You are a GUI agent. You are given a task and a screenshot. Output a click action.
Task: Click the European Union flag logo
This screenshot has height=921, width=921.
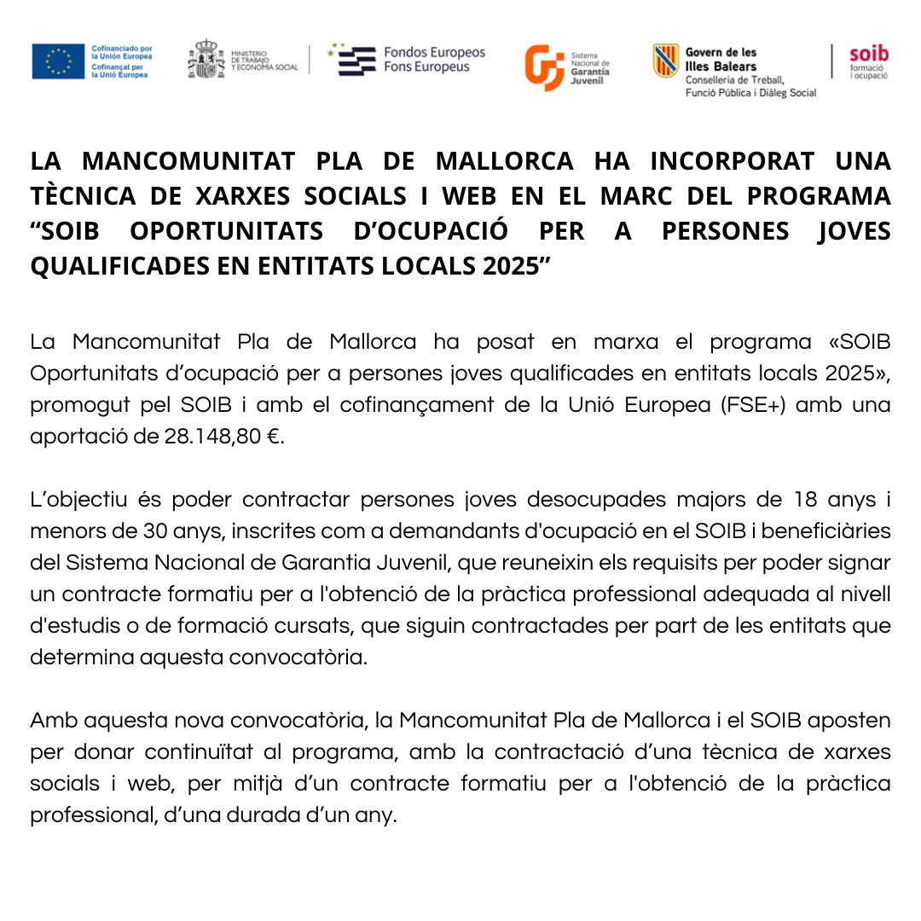point(58,61)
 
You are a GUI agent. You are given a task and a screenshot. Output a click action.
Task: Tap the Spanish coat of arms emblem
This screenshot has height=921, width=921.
point(206,60)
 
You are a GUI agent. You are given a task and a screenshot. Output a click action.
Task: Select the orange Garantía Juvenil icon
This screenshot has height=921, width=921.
point(543,67)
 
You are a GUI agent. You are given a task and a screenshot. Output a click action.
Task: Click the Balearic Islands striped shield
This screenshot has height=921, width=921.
point(665,61)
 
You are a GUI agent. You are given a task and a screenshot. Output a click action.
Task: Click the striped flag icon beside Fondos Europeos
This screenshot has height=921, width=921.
point(356,61)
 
